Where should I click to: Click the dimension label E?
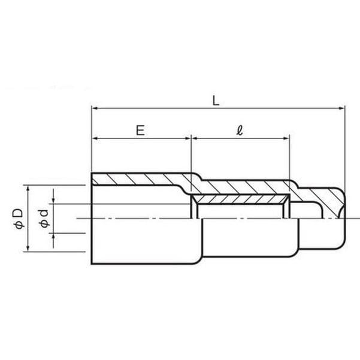140,130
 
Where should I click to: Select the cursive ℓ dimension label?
240,130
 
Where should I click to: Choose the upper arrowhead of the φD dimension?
28,187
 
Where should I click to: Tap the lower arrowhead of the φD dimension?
28,249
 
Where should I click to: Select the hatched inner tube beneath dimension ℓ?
240,198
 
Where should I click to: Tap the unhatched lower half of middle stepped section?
246,237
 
